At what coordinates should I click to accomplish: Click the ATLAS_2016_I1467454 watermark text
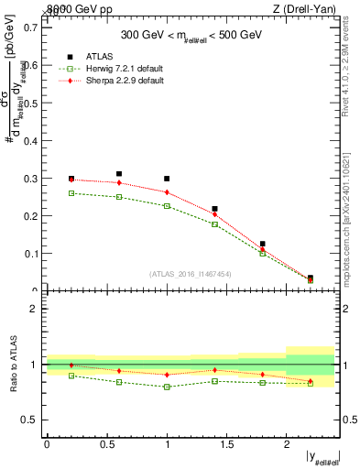(191, 274)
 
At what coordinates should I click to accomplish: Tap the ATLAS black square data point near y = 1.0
(167, 179)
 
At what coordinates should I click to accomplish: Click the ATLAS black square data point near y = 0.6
(119, 173)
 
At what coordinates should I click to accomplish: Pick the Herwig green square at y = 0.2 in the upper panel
(71, 193)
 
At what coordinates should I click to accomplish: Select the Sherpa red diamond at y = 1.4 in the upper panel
(214, 214)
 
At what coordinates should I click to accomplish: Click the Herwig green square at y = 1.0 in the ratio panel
(167, 387)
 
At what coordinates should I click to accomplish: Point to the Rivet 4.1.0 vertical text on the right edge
(345, 73)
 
